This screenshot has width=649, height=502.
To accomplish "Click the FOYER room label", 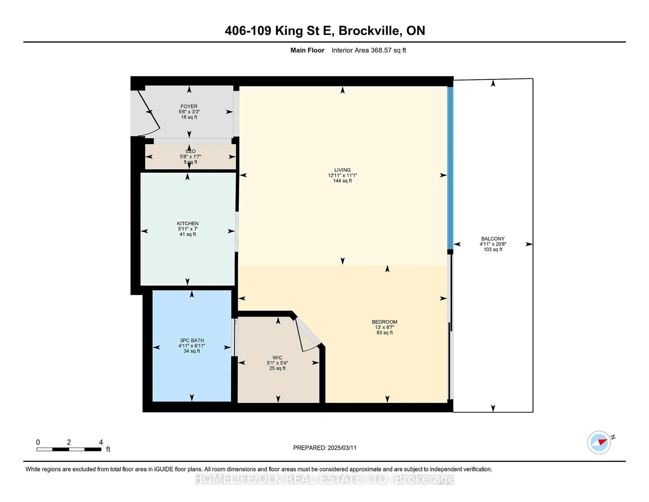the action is coord(189,106).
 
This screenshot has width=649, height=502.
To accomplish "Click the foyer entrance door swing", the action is coord(149,113).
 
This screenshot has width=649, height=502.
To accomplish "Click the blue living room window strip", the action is coord(450,168).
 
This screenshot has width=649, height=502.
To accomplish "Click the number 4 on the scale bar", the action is coord(101,442).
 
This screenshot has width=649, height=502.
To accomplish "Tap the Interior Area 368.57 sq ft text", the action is coord(369,50).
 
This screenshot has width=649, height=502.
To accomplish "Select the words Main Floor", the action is coord(307,50).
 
